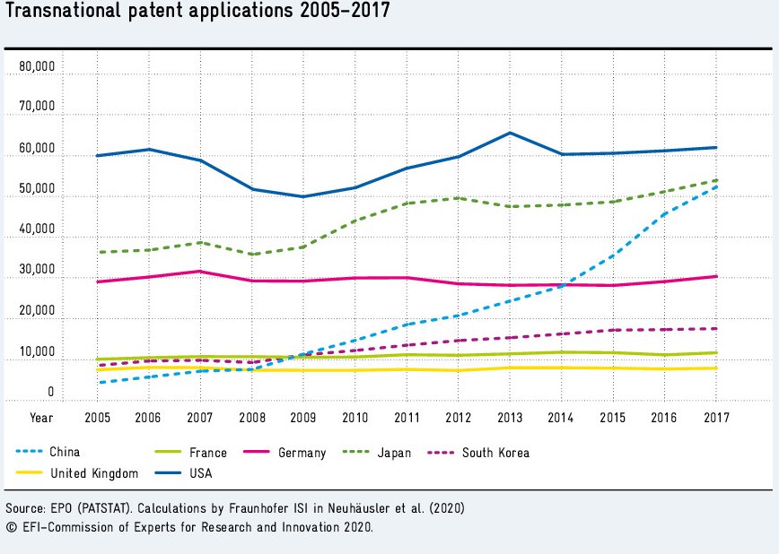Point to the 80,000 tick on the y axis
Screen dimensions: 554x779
pos(36,68)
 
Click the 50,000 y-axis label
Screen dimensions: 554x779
pos(36,191)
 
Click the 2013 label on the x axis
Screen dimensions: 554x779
pos(510,417)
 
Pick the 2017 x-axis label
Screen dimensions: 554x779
pos(717,417)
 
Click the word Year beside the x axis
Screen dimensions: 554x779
pos(40,417)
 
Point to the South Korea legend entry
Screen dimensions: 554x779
pos(495,453)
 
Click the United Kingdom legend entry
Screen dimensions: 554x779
pos(93,472)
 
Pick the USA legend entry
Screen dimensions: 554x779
pos(198,472)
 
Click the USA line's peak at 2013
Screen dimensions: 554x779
pos(510,133)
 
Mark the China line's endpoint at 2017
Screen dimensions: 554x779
pos(717,186)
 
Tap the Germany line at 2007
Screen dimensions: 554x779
pos(199,272)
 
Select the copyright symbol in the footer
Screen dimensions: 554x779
pos(11,527)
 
